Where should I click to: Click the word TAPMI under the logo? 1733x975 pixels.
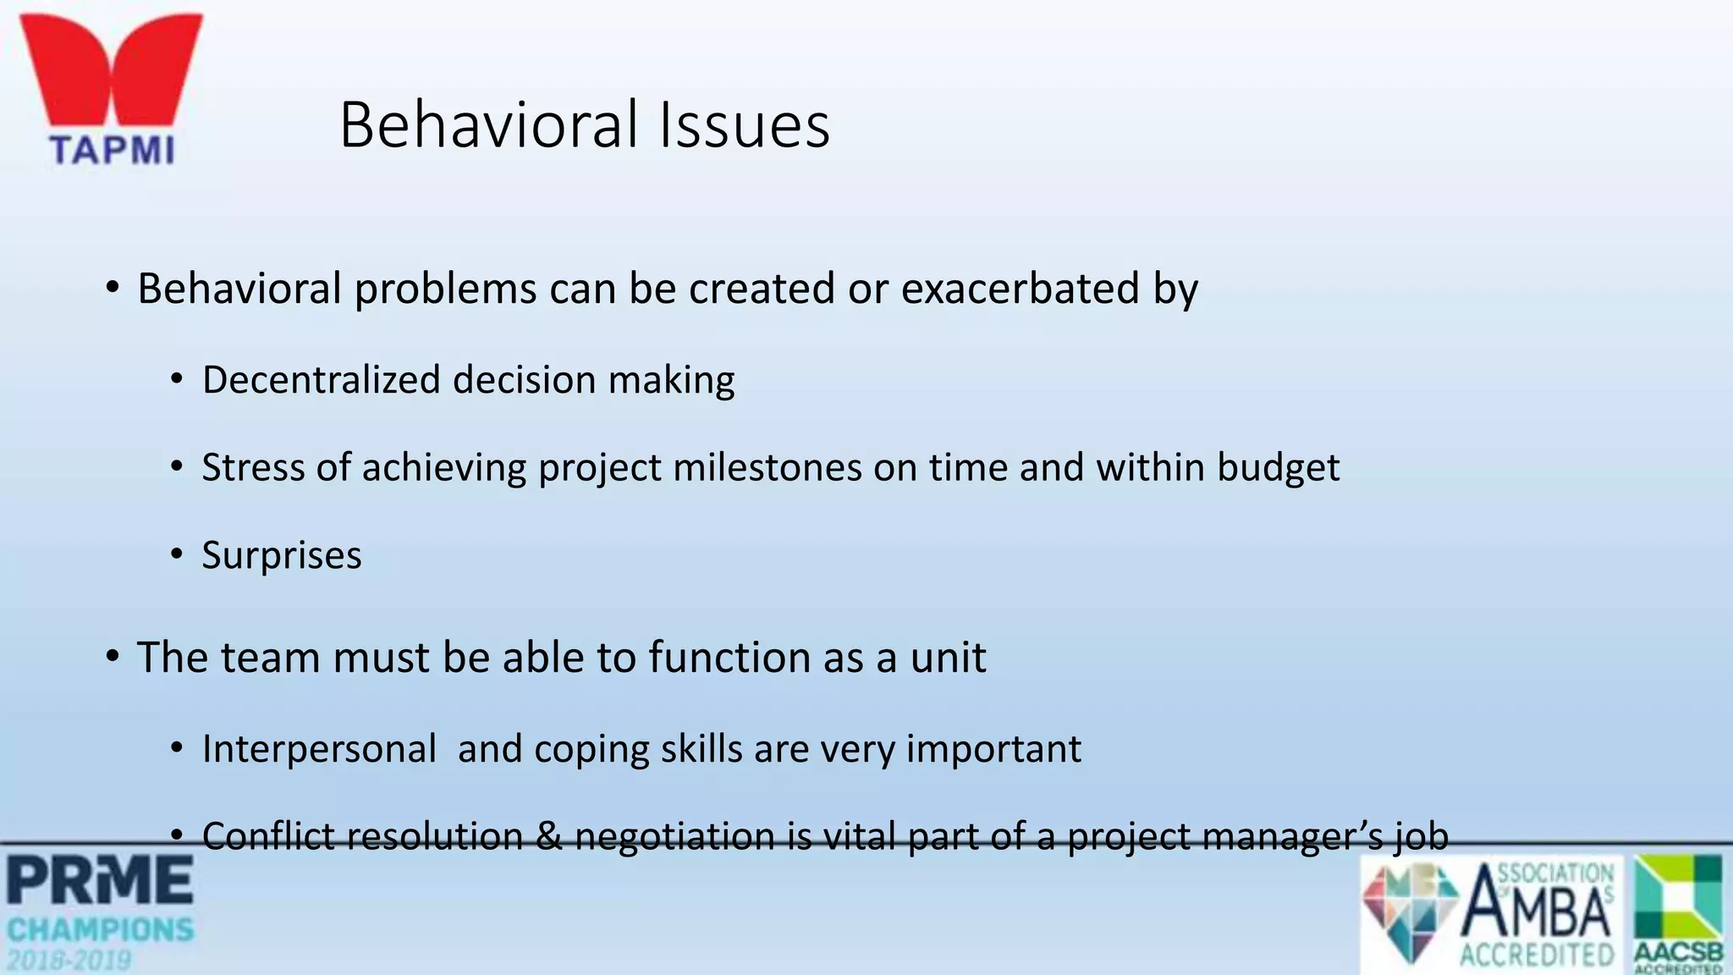point(112,151)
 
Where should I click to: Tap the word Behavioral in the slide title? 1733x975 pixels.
point(489,125)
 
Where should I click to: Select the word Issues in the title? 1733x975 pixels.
point(745,125)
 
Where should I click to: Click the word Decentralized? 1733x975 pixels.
point(322,379)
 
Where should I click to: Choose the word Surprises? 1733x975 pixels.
point(282,556)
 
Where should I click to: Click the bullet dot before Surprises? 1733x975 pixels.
point(176,554)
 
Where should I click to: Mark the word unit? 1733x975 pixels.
point(948,658)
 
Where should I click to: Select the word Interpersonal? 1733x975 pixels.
point(319,749)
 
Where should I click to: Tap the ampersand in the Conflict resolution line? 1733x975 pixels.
point(549,836)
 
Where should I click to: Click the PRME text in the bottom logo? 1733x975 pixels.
point(100,881)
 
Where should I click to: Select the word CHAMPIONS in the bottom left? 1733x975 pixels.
point(100,930)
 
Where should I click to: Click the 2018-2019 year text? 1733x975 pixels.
point(69,961)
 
